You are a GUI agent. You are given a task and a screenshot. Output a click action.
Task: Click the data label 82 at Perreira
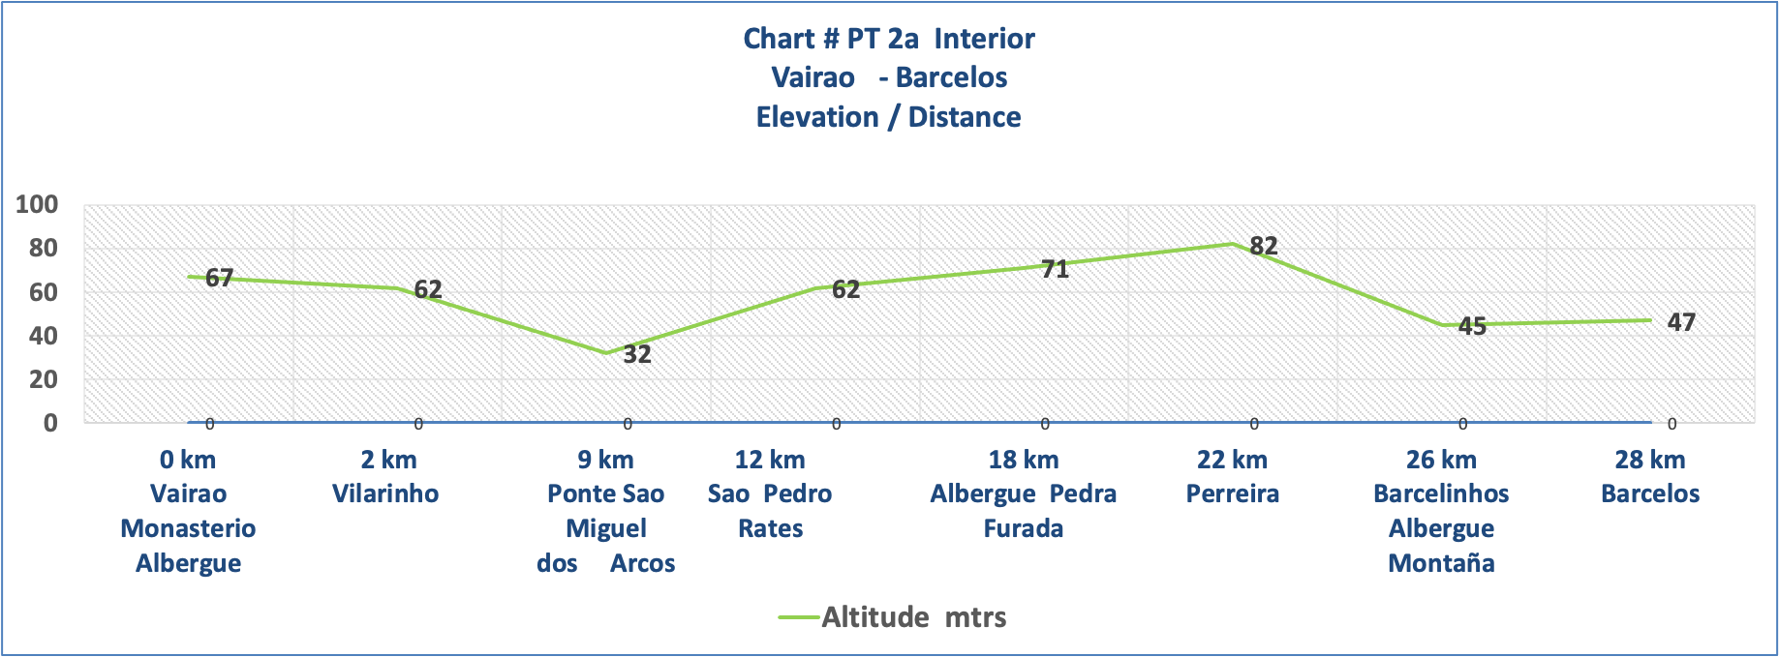pos(1263,246)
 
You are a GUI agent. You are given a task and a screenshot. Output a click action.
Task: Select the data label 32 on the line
pos(636,354)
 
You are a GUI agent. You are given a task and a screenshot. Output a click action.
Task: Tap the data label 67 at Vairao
pos(219,278)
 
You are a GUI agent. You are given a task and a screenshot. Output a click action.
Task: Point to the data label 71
pos(1055,269)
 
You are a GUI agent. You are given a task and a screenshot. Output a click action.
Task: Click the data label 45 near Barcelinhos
pos(1471,326)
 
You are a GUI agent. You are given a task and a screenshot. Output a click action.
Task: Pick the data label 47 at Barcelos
pos(1681,322)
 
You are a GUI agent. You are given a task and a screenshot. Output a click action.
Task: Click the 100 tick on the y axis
pos(37,204)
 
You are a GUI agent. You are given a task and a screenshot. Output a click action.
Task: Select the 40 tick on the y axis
pos(43,336)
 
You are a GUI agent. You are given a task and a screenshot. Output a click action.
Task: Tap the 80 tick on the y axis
pos(43,248)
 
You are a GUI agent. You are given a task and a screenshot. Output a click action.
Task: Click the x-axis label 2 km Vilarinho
pos(386,476)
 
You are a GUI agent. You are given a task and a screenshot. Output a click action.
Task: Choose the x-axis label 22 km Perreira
pos(1232,476)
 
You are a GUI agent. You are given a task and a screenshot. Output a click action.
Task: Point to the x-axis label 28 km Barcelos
pos(1650,476)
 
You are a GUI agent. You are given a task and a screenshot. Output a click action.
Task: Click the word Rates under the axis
pos(770,528)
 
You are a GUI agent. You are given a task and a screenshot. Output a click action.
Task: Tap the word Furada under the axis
pos(1023,528)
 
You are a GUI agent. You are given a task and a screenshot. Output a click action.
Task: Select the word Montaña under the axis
pos(1441,563)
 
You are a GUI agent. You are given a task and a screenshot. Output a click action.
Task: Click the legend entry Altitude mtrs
pos(912,617)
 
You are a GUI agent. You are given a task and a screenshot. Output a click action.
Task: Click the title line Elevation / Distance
pos(888,117)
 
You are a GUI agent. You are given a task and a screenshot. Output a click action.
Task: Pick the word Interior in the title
pos(984,39)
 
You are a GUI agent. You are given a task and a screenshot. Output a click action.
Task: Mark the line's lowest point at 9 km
pos(606,353)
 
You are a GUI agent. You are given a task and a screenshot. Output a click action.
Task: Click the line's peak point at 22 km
pos(1232,243)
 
